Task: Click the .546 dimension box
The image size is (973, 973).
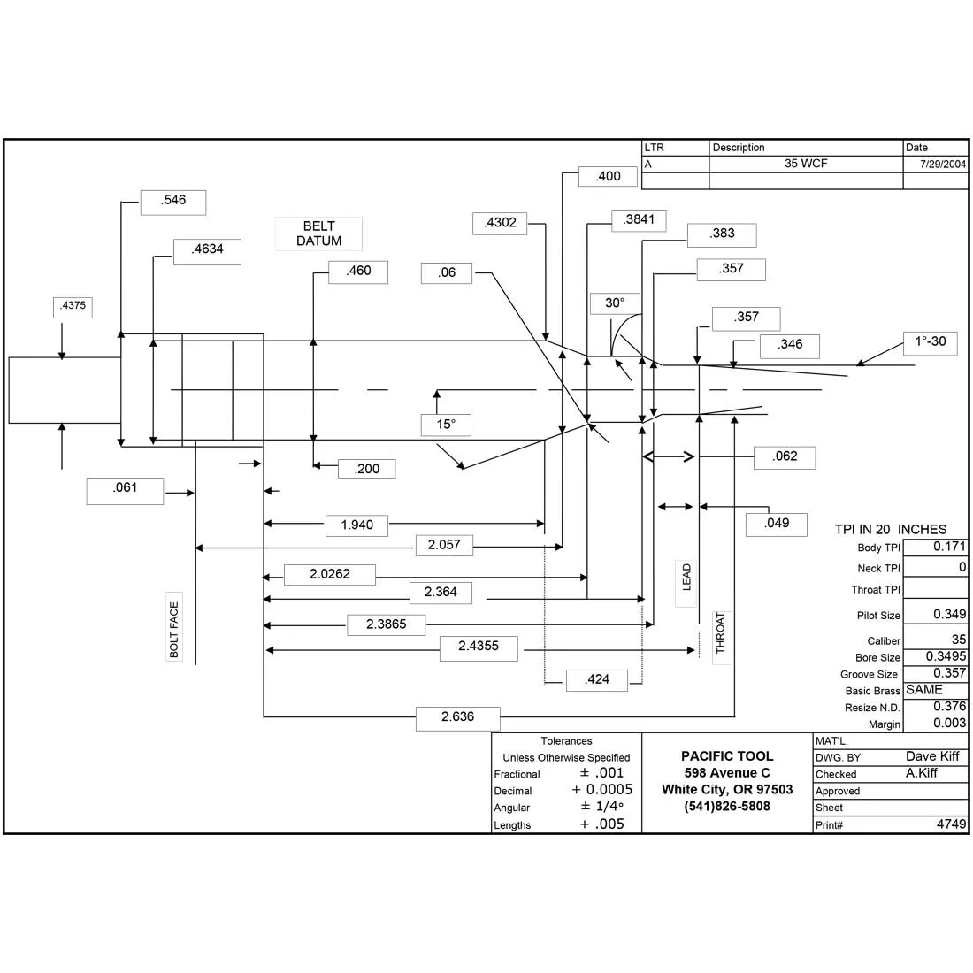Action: pos(173,203)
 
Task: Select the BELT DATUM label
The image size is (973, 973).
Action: pos(319,234)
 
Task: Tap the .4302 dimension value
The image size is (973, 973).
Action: pos(500,224)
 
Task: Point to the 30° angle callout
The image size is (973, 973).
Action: pos(615,303)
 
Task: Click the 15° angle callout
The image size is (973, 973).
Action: pos(446,425)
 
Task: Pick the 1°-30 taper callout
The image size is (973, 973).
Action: pos(931,342)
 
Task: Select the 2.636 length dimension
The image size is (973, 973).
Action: pos(458,718)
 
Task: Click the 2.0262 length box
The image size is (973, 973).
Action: pos(330,575)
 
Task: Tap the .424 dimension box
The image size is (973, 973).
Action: pos(597,680)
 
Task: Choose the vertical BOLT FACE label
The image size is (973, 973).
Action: pos(174,627)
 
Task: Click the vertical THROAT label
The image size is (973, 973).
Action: pos(721,633)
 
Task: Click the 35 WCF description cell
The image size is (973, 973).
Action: pos(806,164)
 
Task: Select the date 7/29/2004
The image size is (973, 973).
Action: pos(943,165)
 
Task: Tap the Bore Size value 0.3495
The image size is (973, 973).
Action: pos(946,656)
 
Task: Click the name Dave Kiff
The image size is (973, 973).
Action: pos(932,756)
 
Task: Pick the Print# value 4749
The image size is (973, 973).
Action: pos(951,824)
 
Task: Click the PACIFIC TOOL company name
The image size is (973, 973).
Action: pos(727,756)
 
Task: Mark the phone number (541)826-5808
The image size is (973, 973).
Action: pos(727,807)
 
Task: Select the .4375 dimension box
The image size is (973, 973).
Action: pos(73,308)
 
